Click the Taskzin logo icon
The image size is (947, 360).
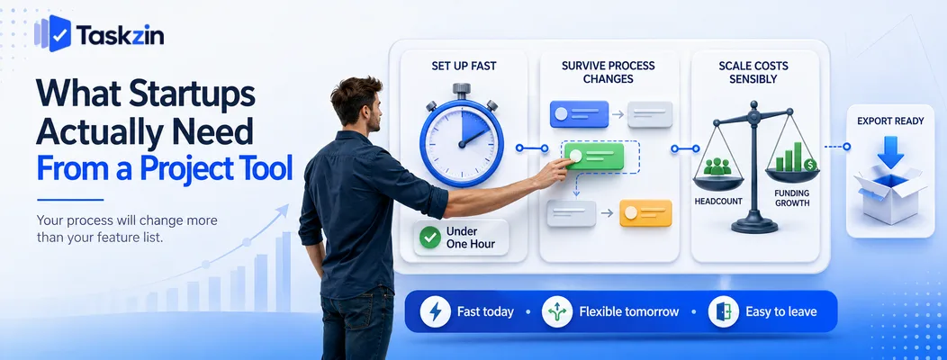coord(53,34)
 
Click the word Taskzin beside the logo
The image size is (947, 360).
coord(121,36)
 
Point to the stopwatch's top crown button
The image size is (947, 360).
coord(461,89)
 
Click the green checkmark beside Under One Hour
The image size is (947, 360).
coord(429,238)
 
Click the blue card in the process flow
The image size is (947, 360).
coord(579,114)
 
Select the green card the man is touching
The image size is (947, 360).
coord(593,157)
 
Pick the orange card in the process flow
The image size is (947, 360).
coord(645,213)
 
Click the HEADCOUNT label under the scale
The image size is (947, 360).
coord(718,201)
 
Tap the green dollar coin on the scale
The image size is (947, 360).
coord(810,165)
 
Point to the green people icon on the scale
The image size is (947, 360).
coord(717,166)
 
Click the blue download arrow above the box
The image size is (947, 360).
coord(890,152)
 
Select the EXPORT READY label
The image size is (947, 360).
coord(890,121)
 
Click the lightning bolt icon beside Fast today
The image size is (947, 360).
coord(435,311)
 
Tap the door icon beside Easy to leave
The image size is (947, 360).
coord(724,311)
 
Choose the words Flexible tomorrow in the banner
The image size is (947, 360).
coord(628,312)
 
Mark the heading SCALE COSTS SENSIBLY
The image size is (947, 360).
coord(753,72)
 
